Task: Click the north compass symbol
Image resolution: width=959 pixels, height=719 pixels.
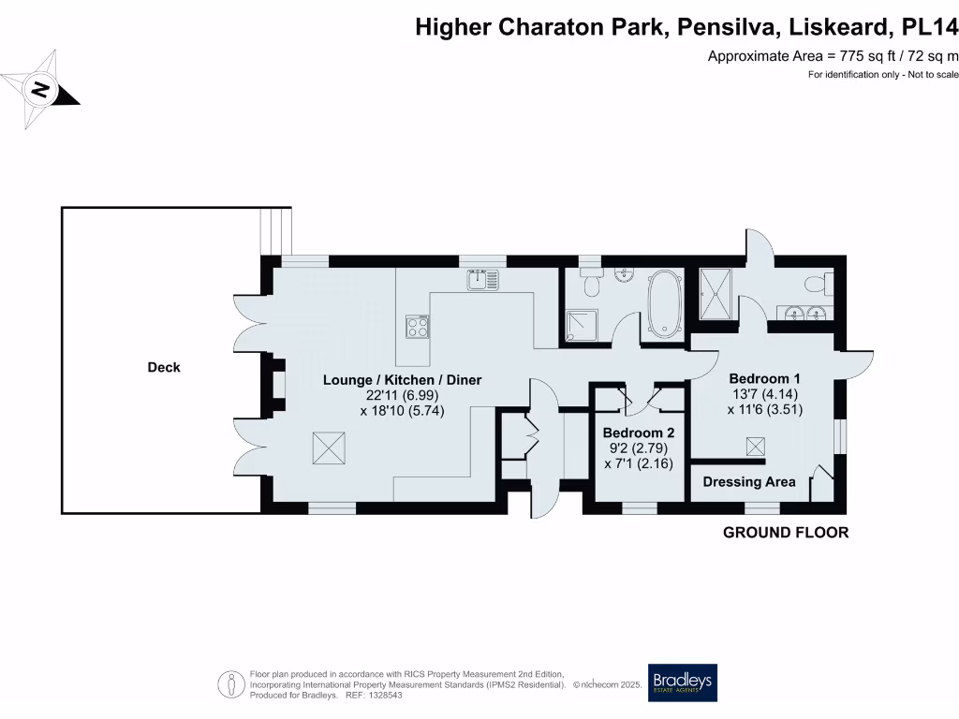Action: (x=39, y=90)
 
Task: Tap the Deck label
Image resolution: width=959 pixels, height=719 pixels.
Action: (x=164, y=368)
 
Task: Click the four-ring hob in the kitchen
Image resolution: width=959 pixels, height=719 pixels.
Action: (x=417, y=327)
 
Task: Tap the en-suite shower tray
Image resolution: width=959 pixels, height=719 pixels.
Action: (x=718, y=292)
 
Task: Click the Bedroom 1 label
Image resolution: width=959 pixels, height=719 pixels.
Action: (x=764, y=378)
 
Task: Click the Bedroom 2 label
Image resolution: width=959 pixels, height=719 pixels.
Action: (x=638, y=433)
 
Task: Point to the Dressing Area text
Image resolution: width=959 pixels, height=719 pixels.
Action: (x=749, y=482)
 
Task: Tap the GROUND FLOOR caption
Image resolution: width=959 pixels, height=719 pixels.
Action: (x=786, y=533)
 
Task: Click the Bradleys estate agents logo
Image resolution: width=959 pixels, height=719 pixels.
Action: (x=683, y=682)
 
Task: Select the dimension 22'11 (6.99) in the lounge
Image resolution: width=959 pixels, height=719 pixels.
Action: (x=402, y=395)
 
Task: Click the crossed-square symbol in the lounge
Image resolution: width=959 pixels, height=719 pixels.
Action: (x=329, y=448)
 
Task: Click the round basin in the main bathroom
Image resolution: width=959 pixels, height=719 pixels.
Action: (x=625, y=274)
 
